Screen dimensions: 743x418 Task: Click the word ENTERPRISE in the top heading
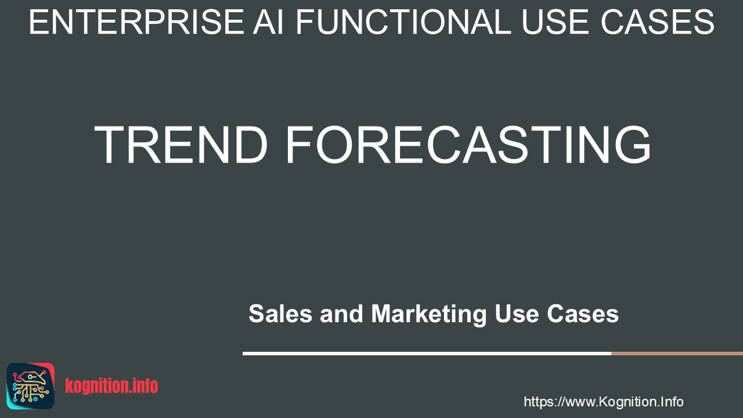pos(136,22)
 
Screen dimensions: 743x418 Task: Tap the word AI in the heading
pos(268,22)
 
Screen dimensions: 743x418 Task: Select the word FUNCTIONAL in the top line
pos(403,22)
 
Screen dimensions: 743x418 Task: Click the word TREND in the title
pos(181,145)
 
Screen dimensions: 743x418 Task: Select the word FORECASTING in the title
pos(468,145)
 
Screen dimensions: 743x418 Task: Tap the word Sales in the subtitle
pos(280,313)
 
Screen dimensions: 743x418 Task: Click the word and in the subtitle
pos(342,313)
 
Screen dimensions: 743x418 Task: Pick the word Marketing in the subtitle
pos(429,315)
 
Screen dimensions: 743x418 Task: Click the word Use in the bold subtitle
pos(517,313)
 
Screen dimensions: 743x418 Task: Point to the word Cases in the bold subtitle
pos(583,313)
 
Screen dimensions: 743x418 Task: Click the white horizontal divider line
pos(427,354)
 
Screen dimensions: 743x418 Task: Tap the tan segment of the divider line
pos(677,354)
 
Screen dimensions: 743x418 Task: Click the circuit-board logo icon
pos(31,386)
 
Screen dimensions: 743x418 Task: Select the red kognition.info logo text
pos(111,386)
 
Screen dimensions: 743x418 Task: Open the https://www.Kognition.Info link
pos(603,402)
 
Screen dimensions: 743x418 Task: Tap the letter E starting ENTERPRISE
pos(37,22)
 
